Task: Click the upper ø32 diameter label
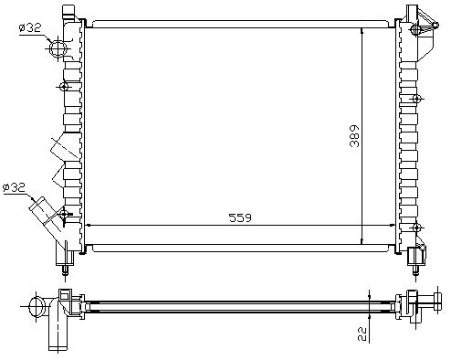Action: (29, 28)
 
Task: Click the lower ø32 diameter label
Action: (14, 187)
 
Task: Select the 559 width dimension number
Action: (240, 217)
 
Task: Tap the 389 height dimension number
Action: (354, 136)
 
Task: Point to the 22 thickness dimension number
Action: (362, 334)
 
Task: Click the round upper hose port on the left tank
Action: (58, 48)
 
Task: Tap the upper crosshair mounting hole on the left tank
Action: (64, 87)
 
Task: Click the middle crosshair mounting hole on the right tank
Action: (416, 99)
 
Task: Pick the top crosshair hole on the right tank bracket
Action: (415, 29)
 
